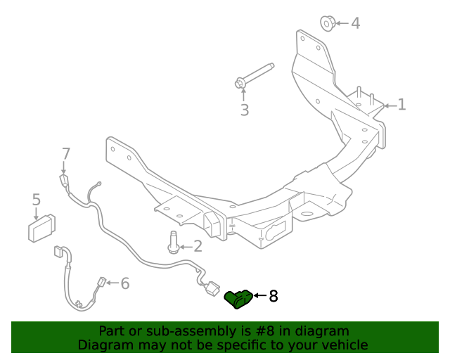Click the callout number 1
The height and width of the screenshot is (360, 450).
pos(401,105)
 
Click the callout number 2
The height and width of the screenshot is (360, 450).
pos(197,246)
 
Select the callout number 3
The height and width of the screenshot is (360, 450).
pos(244,110)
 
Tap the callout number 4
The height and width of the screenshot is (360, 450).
pos(355,23)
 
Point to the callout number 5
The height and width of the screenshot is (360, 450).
pos(37,200)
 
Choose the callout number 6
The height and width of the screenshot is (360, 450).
pos(124,283)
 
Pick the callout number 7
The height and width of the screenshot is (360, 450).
pos(66,153)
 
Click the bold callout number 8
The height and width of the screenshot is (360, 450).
pos(273,296)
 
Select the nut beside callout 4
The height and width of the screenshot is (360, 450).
pos(328,22)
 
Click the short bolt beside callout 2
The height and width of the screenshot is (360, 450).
pos(173,243)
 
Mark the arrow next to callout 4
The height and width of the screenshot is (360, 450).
pos(341,23)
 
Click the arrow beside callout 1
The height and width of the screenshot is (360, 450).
pos(389,105)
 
